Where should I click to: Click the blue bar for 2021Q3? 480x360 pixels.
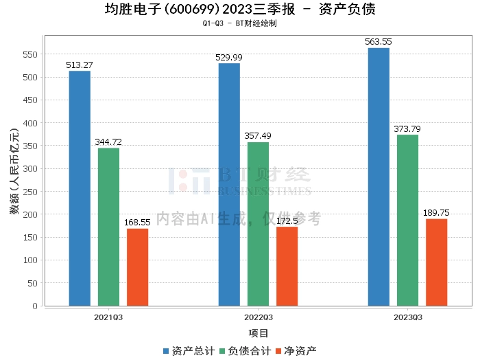(80, 188)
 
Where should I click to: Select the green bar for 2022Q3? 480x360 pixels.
(258, 224)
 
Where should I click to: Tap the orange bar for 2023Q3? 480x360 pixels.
(437, 262)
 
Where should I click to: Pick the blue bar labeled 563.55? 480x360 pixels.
(379, 177)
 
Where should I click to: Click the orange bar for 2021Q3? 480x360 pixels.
(137, 267)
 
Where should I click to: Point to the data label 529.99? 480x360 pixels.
(228, 57)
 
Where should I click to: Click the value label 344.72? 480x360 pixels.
(108, 142)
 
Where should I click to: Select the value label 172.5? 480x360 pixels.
(287, 221)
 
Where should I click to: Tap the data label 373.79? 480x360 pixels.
(407, 128)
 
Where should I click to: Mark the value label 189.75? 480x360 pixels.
(436, 212)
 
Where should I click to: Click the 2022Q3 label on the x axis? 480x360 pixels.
(259, 317)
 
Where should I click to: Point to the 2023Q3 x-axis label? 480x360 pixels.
(408, 317)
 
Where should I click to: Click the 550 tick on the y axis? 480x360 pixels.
(30, 54)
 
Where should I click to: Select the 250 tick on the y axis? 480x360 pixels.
(30, 192)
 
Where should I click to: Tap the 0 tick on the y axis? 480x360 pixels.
(35, 306)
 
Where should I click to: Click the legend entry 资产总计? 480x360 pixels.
(189, 351)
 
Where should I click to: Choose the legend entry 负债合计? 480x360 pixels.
(245, 351)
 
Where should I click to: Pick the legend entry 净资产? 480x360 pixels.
(296, 351)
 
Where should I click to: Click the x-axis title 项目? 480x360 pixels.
(259, 333)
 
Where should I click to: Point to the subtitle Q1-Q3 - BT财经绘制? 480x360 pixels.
(240, 23)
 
